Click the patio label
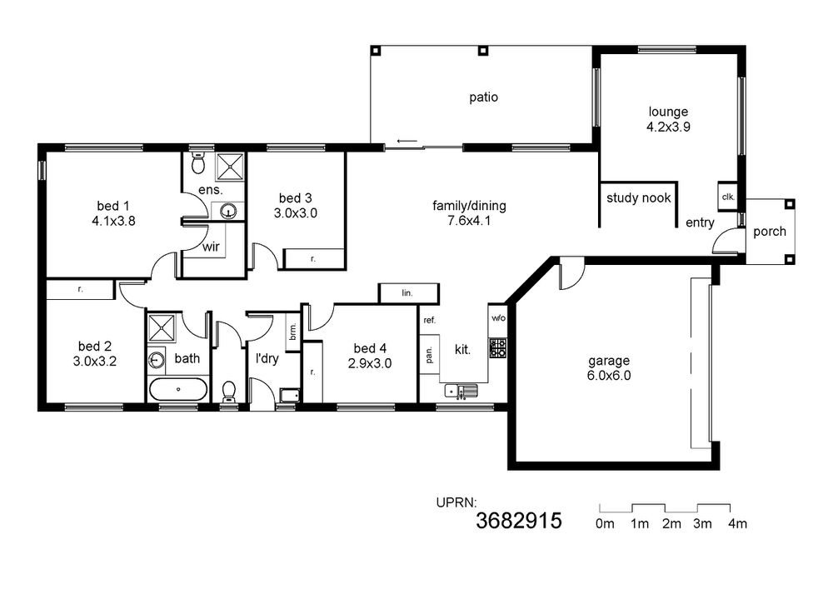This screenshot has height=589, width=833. pyautogui.click(x=483, y=97)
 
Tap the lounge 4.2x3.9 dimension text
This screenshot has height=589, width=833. pyautogui.click(x=668, y=127)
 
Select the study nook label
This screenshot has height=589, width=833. pyautogui.click(x=639, y=198)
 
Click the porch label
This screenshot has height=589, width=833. pyautogui.click(x=769, y=232)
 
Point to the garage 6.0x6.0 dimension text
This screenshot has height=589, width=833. pyautogui.click(x=609, y=376)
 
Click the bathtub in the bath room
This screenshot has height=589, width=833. pyautogui.click(x=178, y=389)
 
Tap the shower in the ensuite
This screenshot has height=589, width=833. pyautogui.click(x=230, y=166)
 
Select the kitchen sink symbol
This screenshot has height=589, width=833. pyautogui.click(x=461, y=391)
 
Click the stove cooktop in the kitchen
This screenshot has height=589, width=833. pyautogui.click(x=498, y=348)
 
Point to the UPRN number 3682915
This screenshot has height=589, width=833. pyautogui.click(x=518, y=521)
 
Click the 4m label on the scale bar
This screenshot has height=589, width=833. pyautogui.click(x=737, y=524)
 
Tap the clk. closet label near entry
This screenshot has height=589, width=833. pyautogui.click(x=728, y=197)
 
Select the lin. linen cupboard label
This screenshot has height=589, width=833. pyautogui.click(x=407, y=292)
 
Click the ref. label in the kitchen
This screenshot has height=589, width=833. pyautogui.click(x=429, y=320)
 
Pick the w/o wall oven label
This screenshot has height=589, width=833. pyautogui.click(x=498, y=318)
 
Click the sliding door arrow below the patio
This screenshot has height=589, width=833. pyautogui.click(x=407, y=142)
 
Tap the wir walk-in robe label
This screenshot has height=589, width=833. pyautogui.click(x=211, y=247)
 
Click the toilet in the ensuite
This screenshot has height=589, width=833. pyautogui.click(x=197, y=163)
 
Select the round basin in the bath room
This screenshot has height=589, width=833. pyautogui.click(x=156, y=360)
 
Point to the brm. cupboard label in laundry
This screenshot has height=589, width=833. pyautogui.click(x=292, y=332)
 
